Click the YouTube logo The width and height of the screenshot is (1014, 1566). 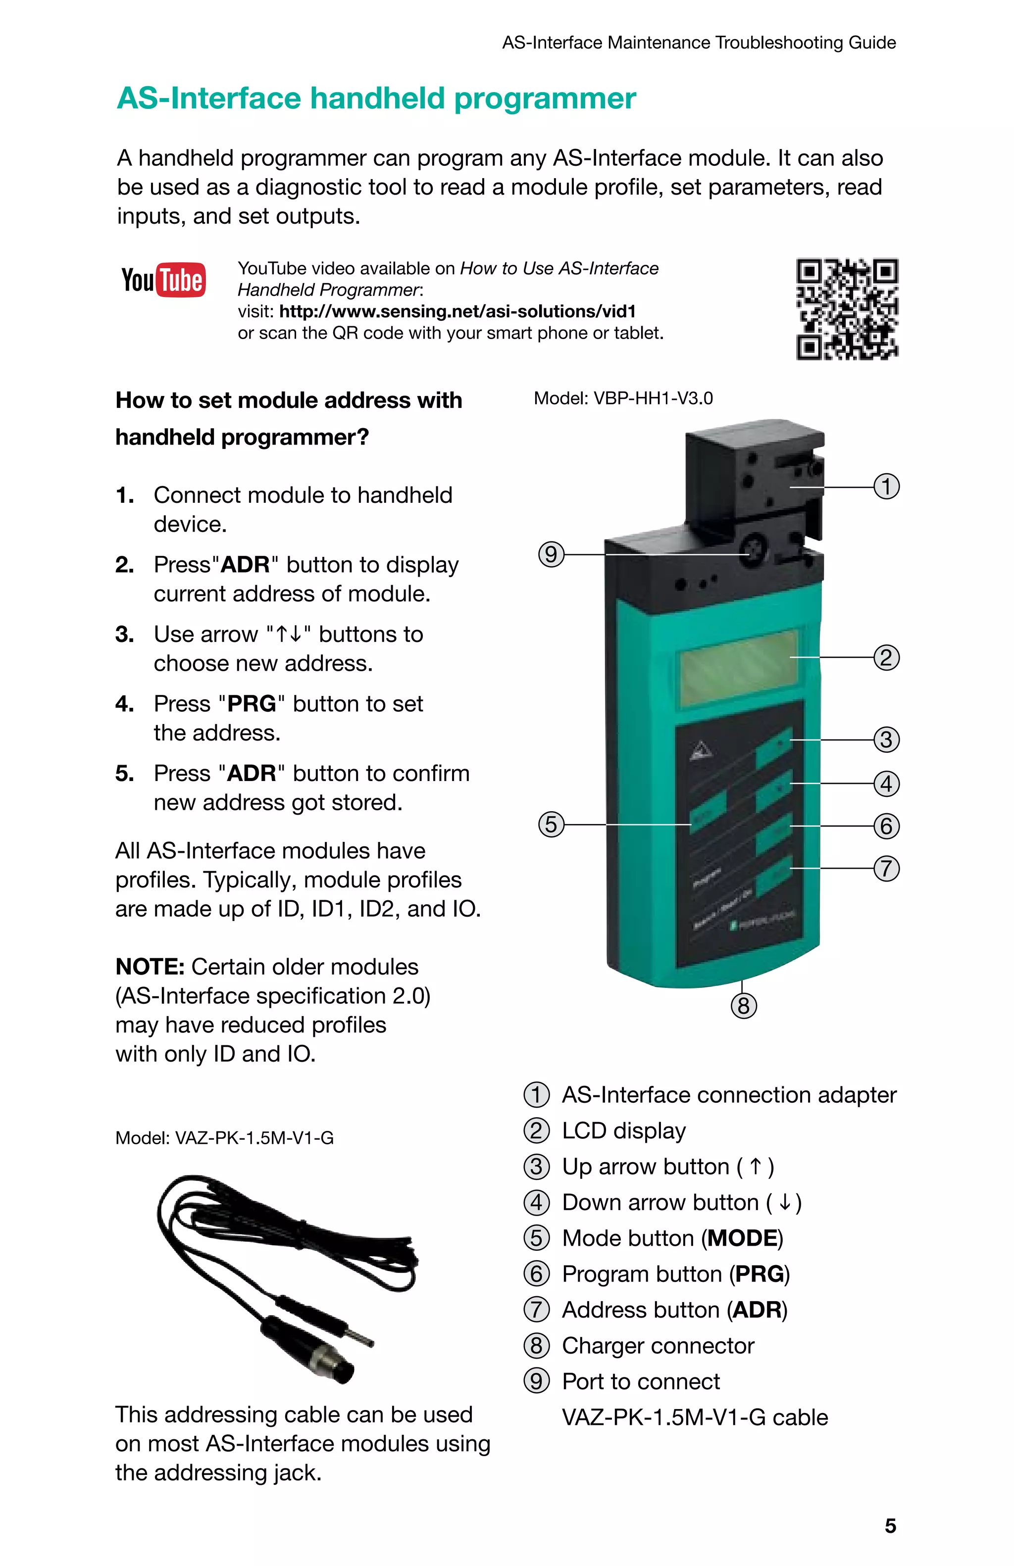[x=163, y=280]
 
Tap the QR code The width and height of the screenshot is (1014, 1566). [x=847, y=309]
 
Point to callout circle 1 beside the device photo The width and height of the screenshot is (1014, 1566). [x=886, y=487]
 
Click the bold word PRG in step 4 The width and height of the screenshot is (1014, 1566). [x=252, y=704]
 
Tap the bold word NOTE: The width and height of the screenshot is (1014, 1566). [x=150, y=967]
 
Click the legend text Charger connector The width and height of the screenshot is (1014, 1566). [x=658, y=1346]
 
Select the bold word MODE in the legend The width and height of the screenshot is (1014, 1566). [x=742, y=1238]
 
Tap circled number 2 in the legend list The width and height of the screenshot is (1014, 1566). [x=536, y=1130]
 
